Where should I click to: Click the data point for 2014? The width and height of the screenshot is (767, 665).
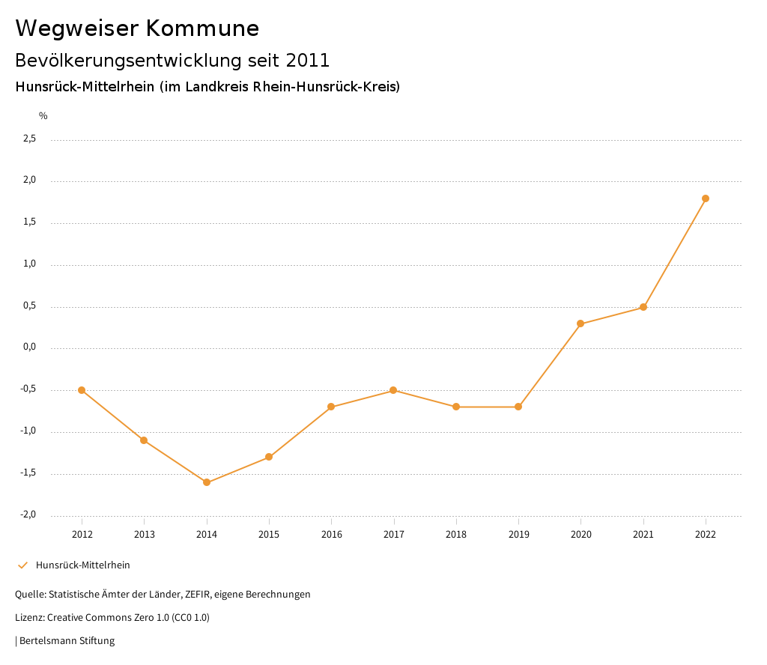pyautogui.click(x=207, y=482)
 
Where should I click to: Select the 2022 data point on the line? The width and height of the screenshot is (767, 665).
pyautogui.click(x=706, y=198)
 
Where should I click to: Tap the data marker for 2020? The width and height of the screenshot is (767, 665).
pyautogui.click(x=580, y=324)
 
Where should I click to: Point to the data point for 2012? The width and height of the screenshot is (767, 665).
pyautogui.click(x=82, y=390)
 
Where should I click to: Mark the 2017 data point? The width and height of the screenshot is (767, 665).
pyautogui.click(x=393, y=390)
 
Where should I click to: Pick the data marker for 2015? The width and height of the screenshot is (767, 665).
pyautogui.click(x=269, y=457)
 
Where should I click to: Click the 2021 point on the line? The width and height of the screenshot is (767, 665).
pyautogui.click(x=643, y=307)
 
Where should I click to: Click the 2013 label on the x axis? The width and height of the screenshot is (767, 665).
pyautogui.click(x=145, y=534)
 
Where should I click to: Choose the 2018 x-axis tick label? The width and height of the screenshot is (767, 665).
pyautogui.click(x=456, y=534)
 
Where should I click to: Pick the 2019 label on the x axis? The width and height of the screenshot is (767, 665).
pyautogui.click(x=518, y=534)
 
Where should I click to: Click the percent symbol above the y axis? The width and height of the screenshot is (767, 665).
pyautogui.click(x=43, y=116)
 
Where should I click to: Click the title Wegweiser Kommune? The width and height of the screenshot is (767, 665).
pyautogui.click(x=137, y=28)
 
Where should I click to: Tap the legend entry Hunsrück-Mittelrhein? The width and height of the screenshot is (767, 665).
pyautogui.click(x=82, y=565)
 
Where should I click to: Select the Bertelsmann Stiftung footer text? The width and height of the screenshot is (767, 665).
pyautogui.click(x=67, y=641)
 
